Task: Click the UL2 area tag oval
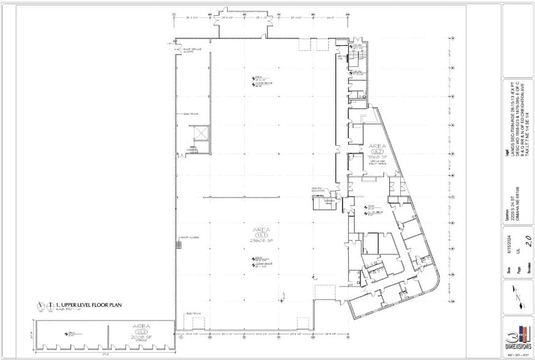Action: [375, 151]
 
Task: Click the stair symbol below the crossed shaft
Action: [195, 149]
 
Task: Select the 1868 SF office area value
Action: [375, 157]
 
